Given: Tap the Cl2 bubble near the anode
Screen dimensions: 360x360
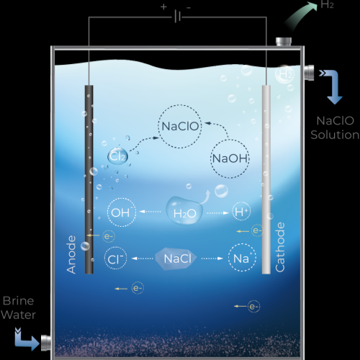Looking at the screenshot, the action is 117,156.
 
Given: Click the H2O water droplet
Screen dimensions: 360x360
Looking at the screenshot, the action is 184,210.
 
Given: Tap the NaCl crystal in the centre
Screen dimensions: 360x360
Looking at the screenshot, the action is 176,258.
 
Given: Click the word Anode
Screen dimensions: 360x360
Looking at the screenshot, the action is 71,254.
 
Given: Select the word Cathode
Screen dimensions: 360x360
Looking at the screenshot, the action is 280,247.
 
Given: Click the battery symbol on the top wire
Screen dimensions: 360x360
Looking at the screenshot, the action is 178,17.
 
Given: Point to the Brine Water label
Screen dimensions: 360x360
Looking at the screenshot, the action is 18,307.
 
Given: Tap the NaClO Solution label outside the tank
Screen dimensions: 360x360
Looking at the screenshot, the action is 335,127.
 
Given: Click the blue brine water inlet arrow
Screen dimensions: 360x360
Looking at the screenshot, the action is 27,339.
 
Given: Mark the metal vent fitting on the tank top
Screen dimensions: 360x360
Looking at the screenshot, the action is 284,41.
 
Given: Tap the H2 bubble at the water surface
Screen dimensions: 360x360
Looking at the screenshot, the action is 284,74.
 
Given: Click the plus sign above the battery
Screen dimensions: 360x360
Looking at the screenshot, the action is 163,6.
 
